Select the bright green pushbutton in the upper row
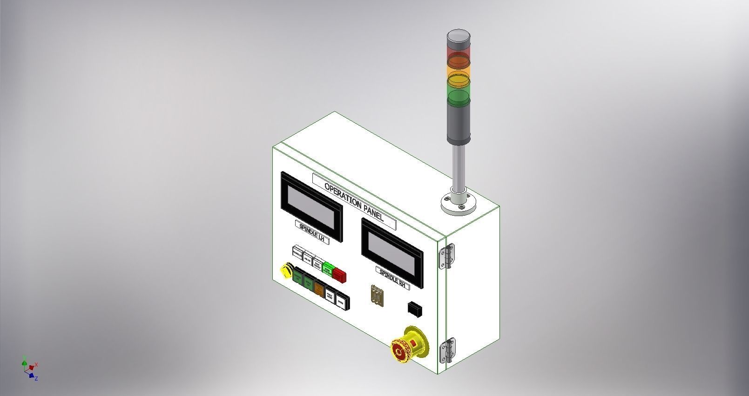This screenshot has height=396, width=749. [x=328, y=268]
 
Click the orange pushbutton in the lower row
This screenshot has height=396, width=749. [x=319, y=289]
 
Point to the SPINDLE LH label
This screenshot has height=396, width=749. [x=312, y=231]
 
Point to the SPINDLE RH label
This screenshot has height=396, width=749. [x=393, y=278]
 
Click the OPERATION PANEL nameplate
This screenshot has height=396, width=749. [x=354, y=201]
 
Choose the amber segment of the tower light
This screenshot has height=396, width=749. [x=459, y=76]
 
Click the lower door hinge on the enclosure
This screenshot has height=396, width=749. [x=447, y=351]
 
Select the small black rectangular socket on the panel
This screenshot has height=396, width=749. [x=415, y=309]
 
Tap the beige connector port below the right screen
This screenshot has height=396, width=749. [x=377, y=295]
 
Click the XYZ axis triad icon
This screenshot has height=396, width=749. [x=29, y=368]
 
